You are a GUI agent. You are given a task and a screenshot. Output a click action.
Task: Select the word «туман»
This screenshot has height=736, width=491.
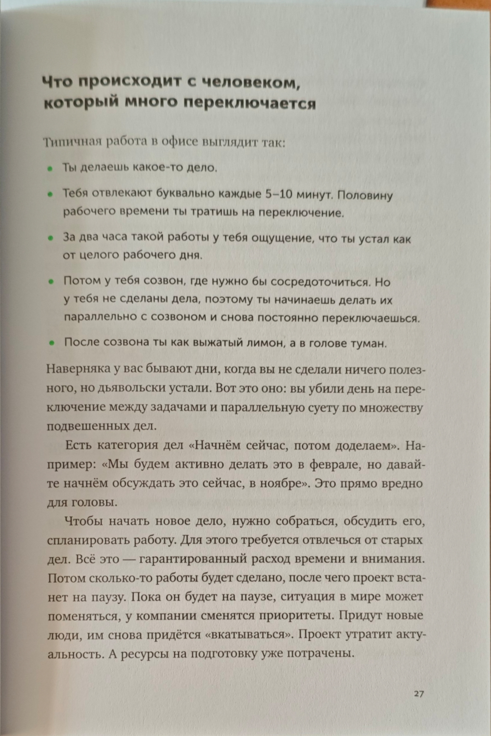[x=368, y=344]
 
